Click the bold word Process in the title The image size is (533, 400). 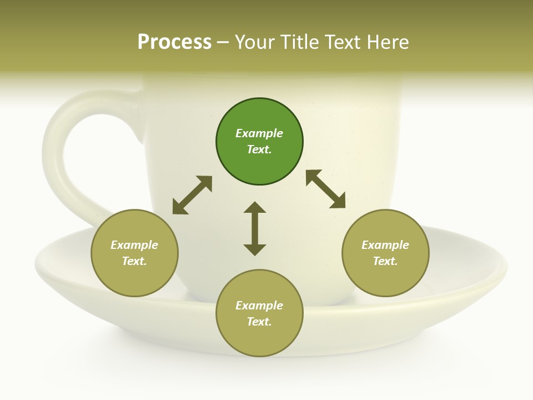click(x=174, y=42)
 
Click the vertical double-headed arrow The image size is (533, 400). click(x=255, y=228)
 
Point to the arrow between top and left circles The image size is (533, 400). click(x=192, y=195)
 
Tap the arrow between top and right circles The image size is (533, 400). click(x=326, y=189)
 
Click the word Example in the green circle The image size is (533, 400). click(x=259, y=133)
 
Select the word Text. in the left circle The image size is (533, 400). click(x=134, y=261)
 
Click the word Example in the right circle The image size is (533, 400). click(x=385, y=245)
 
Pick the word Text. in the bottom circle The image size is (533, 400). click(x=259, y=322)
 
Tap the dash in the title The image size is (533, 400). click(x=223, y=42)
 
